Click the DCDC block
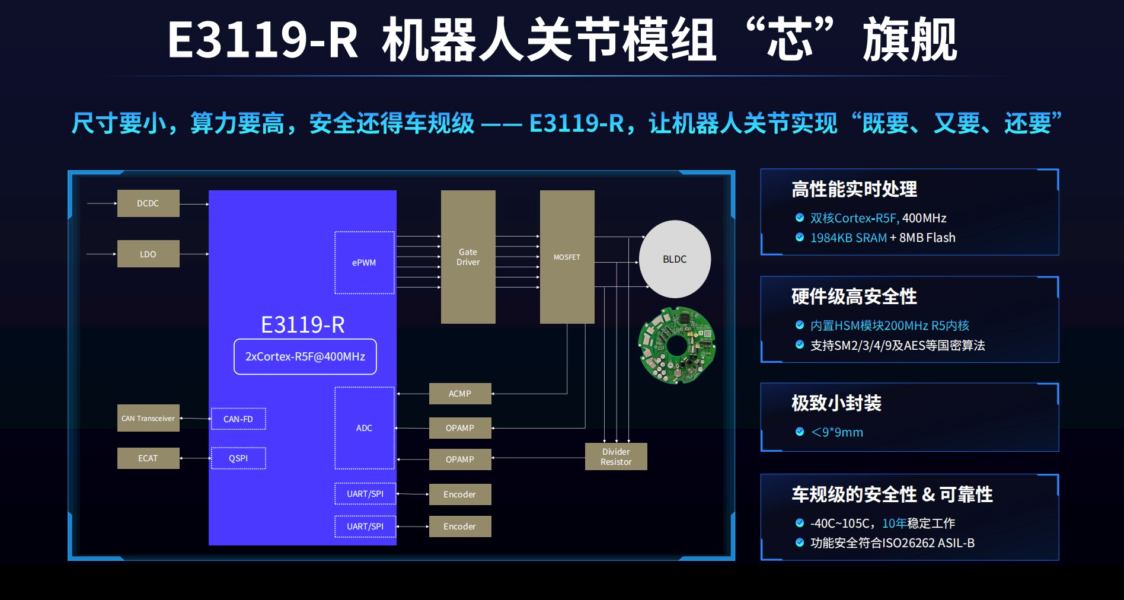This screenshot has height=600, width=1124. tap(148, 203)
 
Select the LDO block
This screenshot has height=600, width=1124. tap(148, 254)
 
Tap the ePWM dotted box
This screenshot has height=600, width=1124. tap(365, 263)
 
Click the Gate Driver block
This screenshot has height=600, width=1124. tap(468, 257)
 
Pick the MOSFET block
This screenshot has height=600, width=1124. tap(567, 257)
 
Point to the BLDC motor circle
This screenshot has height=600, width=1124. tap(675, 259)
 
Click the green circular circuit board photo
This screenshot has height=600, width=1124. tap(676, 345)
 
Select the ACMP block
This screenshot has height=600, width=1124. tap(460, 394)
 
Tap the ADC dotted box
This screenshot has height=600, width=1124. tap(365, 428)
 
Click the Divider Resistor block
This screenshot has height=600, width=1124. tap(616, 457)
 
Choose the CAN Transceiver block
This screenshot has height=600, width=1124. tap(148, 419)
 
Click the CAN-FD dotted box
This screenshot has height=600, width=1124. tap(238, 419)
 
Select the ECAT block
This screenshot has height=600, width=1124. tap(148, 458)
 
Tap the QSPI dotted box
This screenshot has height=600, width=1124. tap(238, 458)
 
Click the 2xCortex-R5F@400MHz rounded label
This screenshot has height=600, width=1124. tap(305, 357)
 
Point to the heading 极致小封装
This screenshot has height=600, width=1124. tap(836, 403)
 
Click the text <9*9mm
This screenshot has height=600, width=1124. tap(837, 432)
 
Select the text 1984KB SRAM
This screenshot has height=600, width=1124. tap(848, 238)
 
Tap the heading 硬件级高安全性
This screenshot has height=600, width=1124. tap(854, 296)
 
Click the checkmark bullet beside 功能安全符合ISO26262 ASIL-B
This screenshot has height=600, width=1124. tap(800, 542)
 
